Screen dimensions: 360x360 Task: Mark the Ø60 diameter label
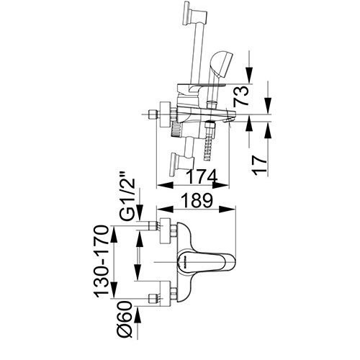click(124, 318)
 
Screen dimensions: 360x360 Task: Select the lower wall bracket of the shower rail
click(178, 161)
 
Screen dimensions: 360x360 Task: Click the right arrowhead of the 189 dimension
click(233, 210)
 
